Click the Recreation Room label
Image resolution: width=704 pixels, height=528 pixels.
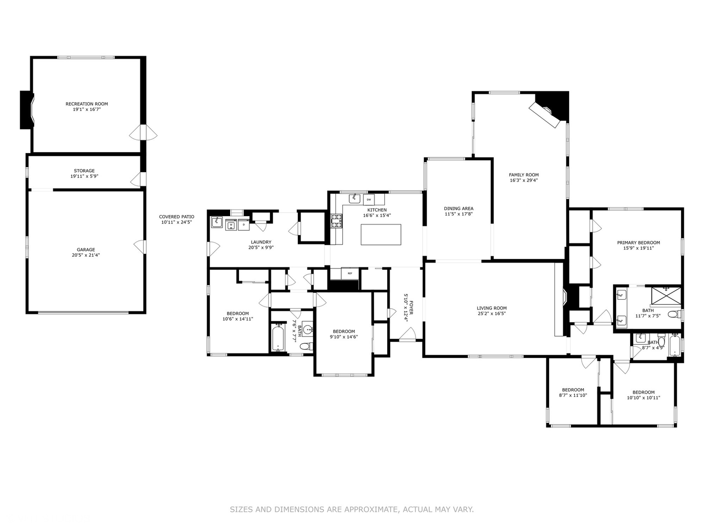click(87, 104)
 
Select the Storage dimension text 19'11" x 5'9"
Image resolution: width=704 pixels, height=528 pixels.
click(84, 176)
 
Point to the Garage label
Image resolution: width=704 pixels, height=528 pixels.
click(86, 249)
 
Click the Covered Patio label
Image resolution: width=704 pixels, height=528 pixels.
click(176, 217)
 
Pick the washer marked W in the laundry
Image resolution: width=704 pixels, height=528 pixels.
click(231, 225)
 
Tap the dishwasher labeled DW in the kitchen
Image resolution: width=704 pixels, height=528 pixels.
click(369, 199)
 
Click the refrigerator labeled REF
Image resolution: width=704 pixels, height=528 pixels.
click(350, 273)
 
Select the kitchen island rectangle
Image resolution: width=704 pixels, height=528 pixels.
click(381, 234)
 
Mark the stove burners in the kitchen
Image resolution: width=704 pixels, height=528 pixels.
click(336, 221)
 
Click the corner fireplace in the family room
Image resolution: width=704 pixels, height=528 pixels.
click(550, 111)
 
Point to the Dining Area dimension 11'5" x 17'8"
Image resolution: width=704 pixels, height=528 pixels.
click(459, 214)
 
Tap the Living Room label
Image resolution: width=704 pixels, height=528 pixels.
click(491, 308)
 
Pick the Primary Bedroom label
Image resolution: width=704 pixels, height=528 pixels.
click(638, 242)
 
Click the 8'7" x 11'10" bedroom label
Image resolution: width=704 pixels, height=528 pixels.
click(572, 390)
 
